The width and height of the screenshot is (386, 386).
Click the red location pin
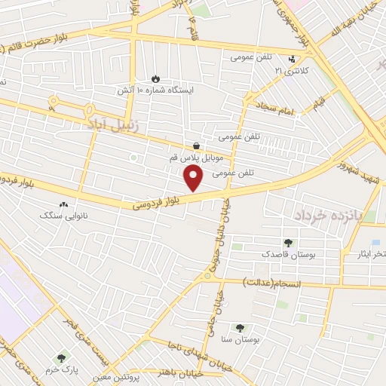point(195,177)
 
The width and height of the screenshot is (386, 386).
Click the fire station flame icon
point(155,78)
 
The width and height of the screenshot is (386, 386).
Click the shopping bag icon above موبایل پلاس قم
point(197,146)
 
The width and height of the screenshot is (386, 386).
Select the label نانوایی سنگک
point(63,215)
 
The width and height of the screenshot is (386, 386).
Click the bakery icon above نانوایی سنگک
point(63,204)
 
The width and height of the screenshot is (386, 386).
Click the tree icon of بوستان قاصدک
point(287,243)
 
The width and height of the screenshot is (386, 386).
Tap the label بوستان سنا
point(241,340)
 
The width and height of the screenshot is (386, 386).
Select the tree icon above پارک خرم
point(61,357)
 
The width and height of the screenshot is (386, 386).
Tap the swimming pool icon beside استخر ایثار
point(354,243)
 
